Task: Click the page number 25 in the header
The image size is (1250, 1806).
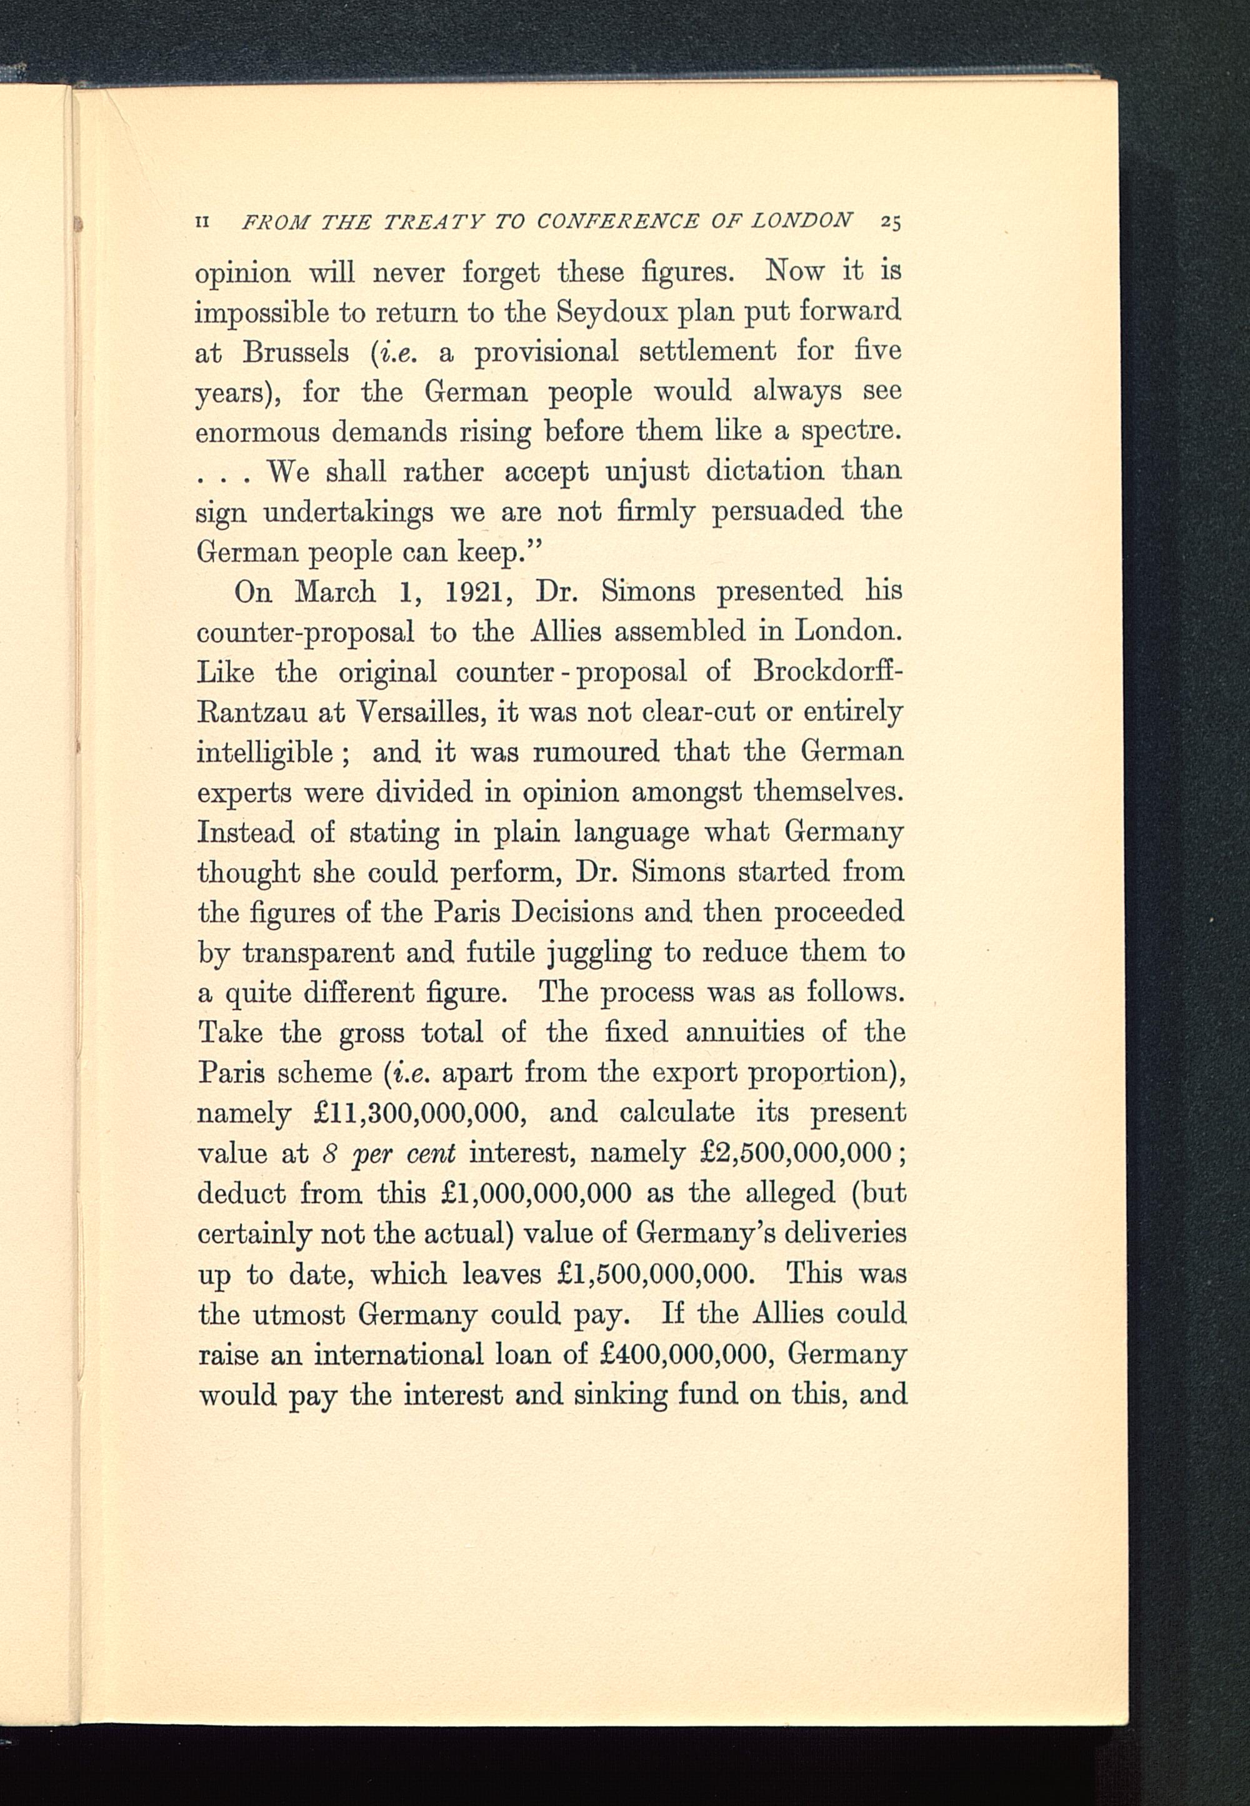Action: pyautogui.click(x=891, y=222)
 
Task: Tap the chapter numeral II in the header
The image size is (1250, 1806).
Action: pyautogui.click(x=202, y=223)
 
